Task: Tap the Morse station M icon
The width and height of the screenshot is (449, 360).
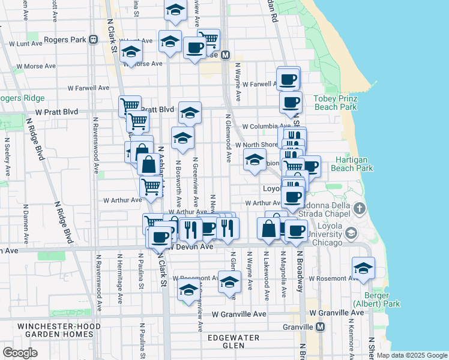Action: point(226,55)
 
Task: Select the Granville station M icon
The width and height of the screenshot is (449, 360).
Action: point(320,326)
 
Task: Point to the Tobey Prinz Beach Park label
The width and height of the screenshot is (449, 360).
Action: point(335,103)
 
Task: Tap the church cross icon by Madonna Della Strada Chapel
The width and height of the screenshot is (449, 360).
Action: point(359,209)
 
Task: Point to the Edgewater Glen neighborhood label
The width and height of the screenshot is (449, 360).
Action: point(233,341)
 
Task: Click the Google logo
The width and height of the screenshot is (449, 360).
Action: point(20,353)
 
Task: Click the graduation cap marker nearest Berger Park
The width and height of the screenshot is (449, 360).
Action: point(363,268)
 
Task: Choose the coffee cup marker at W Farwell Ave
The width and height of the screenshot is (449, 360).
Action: point(288,79)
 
